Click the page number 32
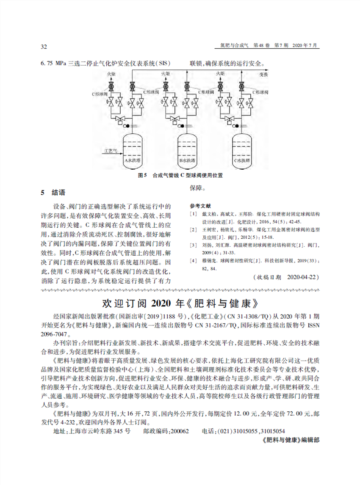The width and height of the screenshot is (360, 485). point(43,46)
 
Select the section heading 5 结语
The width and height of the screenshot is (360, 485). point(53,193)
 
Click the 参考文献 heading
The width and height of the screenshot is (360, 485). point(198,205)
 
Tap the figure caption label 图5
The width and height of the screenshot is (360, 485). point(142,175)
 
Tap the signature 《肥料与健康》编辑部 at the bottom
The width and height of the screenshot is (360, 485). point(290,440)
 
